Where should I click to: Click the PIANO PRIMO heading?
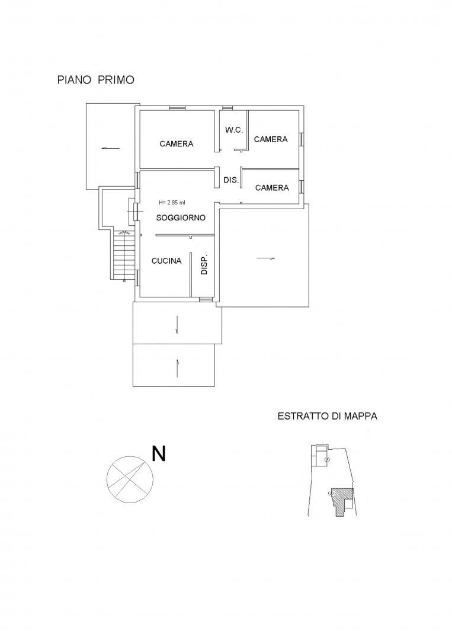tap(95, 80)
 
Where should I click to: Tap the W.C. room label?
tap(234, 130)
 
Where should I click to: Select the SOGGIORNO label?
tap(181, 218)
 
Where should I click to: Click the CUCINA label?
tap(166, 261)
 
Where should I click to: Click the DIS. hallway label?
tap(231, 180)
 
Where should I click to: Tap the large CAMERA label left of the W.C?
tap(177, 143)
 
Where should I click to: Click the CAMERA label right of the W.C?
tap(271, 139)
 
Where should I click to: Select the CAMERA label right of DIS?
tap(272, 188)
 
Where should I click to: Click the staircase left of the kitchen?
tap(124, 256)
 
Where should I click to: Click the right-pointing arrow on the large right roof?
tap(265, 258)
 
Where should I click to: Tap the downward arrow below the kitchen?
tap(176, 325)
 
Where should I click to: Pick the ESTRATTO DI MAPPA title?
tap(328, 417)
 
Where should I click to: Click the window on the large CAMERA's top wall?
tap(178, 108)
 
